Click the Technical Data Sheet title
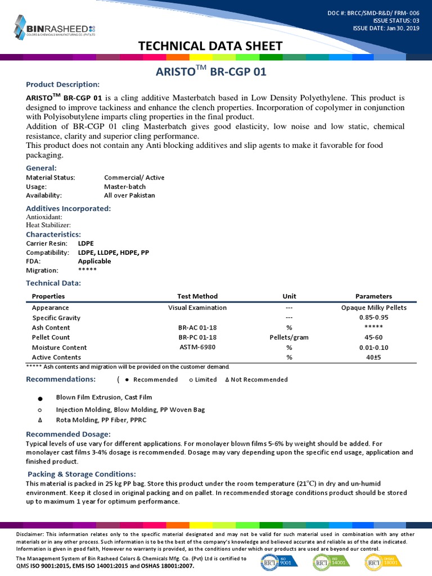point(215,46)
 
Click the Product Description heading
point(63,84)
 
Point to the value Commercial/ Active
point(134,177)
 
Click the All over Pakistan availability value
point(129,195)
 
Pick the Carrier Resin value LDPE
point(86,244)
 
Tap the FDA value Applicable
point(94,261)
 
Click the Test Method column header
point(197,296)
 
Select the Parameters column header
point(373,296)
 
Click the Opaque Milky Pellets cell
point(373,308)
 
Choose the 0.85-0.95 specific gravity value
point(373,318)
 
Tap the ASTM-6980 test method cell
point(197,347)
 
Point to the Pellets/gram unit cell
point(289,337)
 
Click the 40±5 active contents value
point(373,357)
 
